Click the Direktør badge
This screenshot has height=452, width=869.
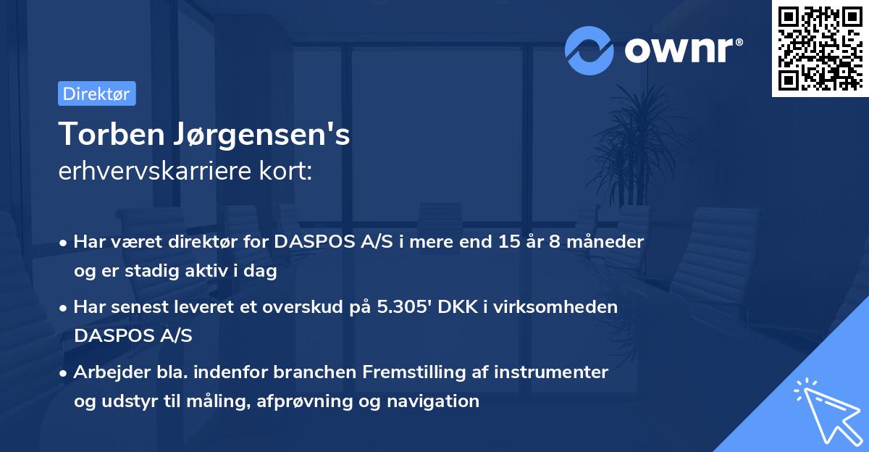[96, 94]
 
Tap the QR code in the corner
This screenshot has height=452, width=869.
[819, 48]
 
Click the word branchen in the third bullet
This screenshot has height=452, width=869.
[321, 372]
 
